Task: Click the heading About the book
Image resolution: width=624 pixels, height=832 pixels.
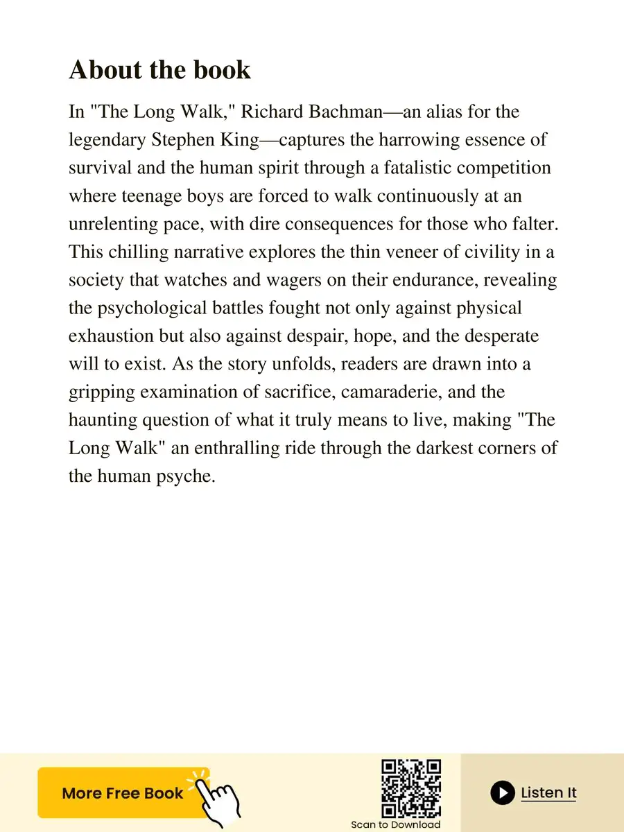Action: [x=159, y=70]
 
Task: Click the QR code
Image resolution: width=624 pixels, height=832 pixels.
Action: [x=411, y=788]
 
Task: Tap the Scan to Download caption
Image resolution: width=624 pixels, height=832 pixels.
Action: [x=395, y=825]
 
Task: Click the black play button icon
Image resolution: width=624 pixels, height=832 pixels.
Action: [x=503, y=792]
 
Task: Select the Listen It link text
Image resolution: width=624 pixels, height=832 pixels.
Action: [x=548, y=792]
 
